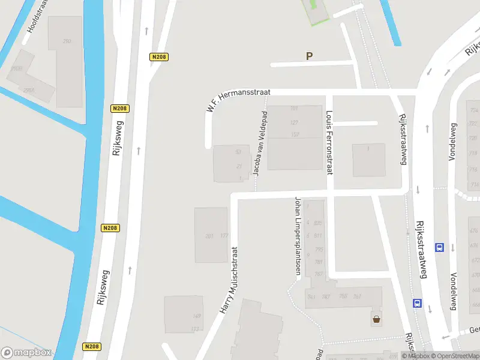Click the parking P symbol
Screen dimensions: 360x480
tap(310, 56)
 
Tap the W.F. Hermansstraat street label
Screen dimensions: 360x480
tap(238, 100)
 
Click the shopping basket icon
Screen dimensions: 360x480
tap(376, 319)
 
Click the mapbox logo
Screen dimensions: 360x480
tap(26, 352)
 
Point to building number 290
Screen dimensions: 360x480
tap(67, 41)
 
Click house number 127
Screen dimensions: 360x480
tap(294, 122)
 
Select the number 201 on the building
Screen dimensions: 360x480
tap(209, 236)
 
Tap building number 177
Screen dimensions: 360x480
tap(224, 236)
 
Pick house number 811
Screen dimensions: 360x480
tap(317, 236)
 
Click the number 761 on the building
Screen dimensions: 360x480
tap(357, 296)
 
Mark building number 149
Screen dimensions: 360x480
tap(196, 316)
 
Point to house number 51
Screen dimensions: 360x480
tap(238, 152)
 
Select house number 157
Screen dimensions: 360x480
tap(294, 134)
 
